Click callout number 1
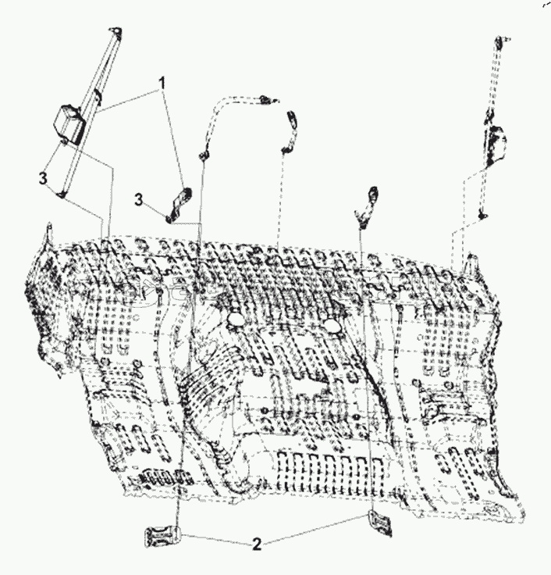(x=162, y=83)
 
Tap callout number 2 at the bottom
(x=257, y=544)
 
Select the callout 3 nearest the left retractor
(x=43, y=179)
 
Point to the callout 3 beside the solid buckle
(x=138, y=200)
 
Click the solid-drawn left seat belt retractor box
(x=69, y=123)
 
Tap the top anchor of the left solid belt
(x=117, y=32)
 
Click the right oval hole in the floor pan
(x=332, y=324)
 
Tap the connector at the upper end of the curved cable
(x=268, y=99)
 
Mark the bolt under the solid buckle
(x=169, y=220)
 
